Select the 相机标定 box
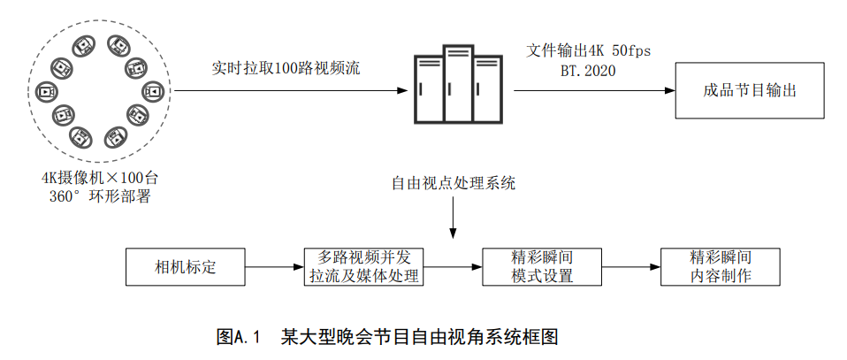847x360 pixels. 186,267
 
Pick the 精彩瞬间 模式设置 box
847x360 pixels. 543,267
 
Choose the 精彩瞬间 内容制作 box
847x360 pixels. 721,267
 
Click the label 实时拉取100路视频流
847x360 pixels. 286,67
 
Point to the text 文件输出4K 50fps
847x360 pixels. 589,50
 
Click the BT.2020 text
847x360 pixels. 588,70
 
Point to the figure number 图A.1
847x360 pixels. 241,337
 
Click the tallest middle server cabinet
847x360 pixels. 456,88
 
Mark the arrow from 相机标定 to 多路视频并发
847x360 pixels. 273,267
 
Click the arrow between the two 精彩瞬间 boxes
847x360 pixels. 632,267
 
